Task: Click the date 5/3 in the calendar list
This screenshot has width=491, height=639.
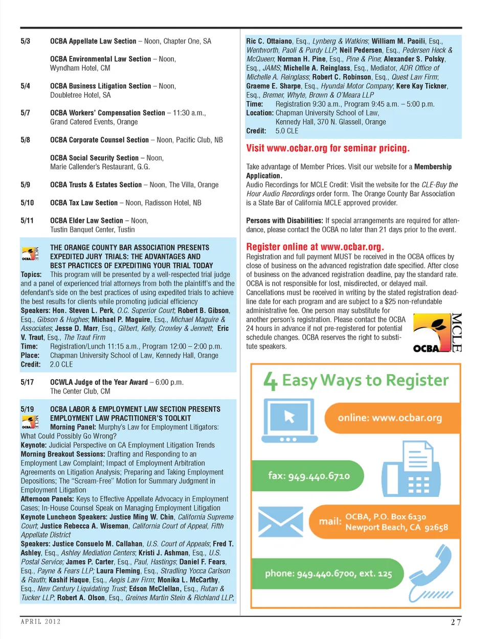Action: point(26,41)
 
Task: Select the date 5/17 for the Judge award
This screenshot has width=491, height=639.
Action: point(27,382)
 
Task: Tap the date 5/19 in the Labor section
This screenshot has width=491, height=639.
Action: point(27,409)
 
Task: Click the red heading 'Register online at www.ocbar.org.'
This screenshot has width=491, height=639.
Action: point(315,247)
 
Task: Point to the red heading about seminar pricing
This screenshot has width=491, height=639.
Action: point(327,148)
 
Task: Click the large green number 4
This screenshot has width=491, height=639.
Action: point(271,381)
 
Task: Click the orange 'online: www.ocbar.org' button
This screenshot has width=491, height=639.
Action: point(390,418)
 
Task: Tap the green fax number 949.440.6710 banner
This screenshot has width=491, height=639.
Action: point(308,476)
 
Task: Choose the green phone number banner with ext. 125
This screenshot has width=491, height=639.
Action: point(328,574)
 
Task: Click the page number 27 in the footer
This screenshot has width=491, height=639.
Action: point(456,622)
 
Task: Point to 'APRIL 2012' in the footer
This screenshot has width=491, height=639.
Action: point(40,622)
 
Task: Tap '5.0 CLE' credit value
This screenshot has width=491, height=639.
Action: point(286,131)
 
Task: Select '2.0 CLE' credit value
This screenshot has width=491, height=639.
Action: point(61,364)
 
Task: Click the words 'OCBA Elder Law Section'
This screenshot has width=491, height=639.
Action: point(86,221)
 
